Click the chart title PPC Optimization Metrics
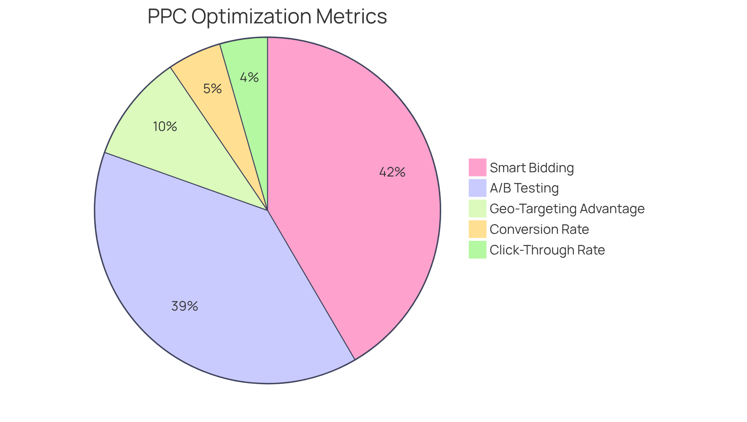coord(267,16)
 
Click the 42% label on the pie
coord(392,172)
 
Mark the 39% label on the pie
coord(184,306)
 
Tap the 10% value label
coord(165,126)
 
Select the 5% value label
coord(212,89)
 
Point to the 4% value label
coord(249,78)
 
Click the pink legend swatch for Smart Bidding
coord(477,168)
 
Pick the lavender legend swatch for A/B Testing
coord(477,188)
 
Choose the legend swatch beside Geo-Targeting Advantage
coord(477,208)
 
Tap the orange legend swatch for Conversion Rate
coord(477,229)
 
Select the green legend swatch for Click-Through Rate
coord(477,250)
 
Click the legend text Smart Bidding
coord(531,168)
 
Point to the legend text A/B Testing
coord(524,188)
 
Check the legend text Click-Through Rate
coord(547,250)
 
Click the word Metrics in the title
coord(351,16)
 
